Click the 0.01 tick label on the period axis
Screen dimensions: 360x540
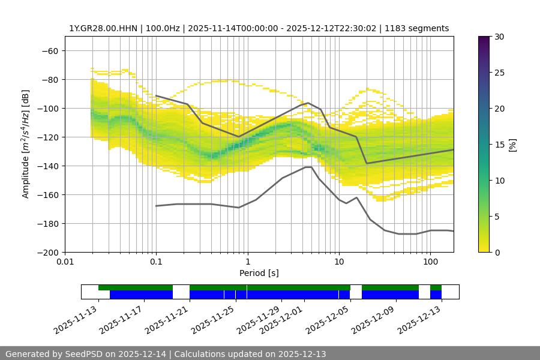point(65,262)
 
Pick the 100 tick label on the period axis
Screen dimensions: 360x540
point(430,262)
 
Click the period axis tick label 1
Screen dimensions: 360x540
point(247,262)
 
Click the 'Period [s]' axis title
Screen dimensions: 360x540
point(259,273)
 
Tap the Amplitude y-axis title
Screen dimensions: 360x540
point(26,144)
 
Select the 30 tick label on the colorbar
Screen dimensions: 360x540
point(499,37)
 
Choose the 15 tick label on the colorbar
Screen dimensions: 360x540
point(499,144)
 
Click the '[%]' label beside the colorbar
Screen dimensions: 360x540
point(512,144)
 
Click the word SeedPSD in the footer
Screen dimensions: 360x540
point(87,354)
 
